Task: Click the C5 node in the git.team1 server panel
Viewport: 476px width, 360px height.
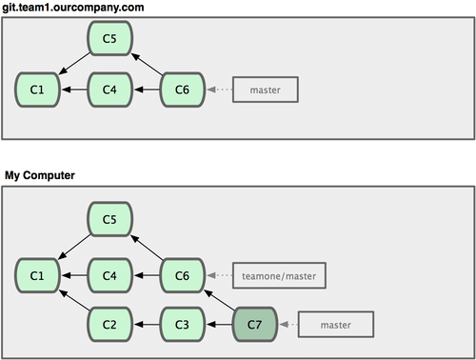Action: [109, 38]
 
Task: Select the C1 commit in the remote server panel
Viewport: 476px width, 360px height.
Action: [36, 90]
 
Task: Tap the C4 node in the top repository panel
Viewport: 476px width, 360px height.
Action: [109, 90]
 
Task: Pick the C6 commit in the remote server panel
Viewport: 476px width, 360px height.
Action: [182, 90]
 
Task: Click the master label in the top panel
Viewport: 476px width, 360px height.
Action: [266, 90]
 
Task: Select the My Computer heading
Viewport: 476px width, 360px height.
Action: [41, 176]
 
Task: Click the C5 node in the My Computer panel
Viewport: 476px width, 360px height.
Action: [109, 220]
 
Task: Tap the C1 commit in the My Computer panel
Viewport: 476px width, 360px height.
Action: [36, 276]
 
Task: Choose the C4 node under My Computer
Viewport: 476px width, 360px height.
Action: [109, 276]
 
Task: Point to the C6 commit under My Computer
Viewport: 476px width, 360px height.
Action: [182, 276]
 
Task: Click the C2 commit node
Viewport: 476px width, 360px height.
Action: [109, 325]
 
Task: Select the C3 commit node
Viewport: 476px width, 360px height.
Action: [182, 325]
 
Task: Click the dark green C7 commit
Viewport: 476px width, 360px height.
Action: [254, 325]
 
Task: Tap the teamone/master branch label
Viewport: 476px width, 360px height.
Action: [279, 276]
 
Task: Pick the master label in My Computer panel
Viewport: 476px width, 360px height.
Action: [336, 325]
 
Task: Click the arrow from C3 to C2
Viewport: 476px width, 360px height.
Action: [146, 325]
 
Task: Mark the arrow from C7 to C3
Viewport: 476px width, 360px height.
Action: [218, 325]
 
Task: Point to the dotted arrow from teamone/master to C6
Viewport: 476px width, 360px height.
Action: [220, 276]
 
